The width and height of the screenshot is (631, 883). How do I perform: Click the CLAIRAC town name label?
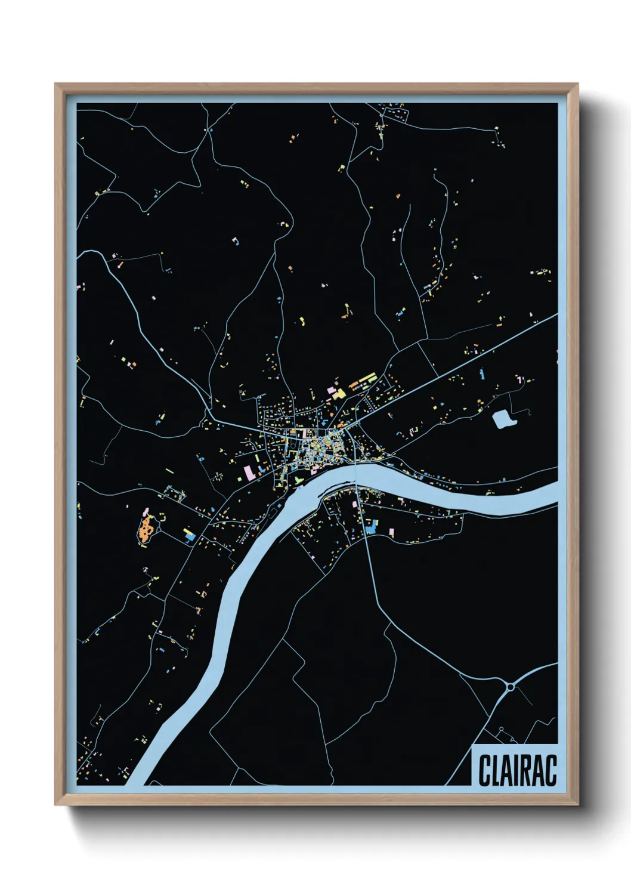tap(517, 770)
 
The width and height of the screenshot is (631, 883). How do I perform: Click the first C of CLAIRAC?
tap(484, 770)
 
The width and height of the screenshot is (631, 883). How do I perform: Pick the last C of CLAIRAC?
tap(550, 770)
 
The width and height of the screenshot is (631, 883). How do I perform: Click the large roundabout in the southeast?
tap(511, 687)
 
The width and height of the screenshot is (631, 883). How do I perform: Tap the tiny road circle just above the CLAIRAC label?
tap(502, 730)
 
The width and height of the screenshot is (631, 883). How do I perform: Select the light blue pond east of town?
tap(502, 419)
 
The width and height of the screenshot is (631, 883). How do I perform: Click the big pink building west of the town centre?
tap(248, 473)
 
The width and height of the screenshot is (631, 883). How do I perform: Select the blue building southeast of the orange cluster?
tap(190, 537)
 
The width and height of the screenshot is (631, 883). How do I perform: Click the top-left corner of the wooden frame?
tap(56, 85)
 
